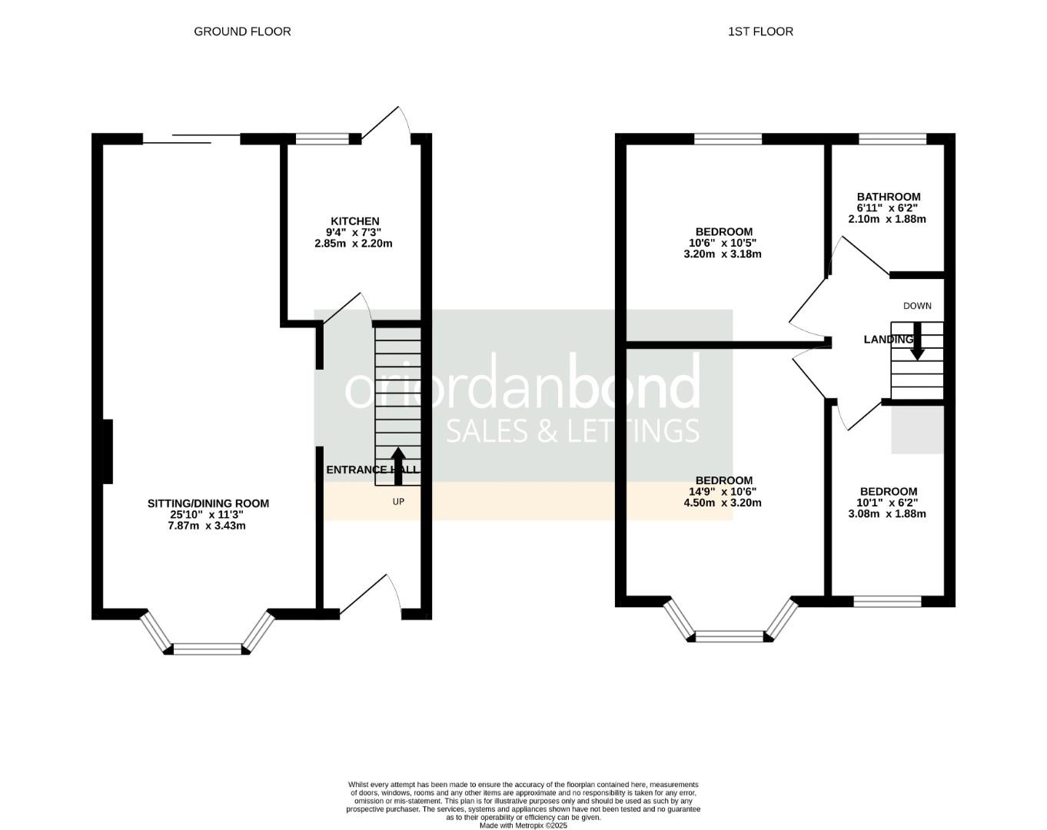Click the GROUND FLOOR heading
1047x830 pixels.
242,32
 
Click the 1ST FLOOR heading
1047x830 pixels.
760,32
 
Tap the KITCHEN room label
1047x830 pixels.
354,221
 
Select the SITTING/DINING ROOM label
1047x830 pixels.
208,503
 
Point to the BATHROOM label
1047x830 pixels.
889,197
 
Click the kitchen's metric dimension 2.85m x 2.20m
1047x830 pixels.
354,244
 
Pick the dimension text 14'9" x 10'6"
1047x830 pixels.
722,492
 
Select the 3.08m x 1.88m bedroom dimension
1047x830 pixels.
887,513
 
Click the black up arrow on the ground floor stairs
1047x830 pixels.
398,466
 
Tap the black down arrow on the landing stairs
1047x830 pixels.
917,342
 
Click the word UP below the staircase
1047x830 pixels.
398,502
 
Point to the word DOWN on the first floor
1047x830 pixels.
917,306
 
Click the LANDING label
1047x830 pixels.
888,340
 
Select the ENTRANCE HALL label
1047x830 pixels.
372,470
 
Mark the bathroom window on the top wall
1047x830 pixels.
892,139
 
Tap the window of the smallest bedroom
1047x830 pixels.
887,601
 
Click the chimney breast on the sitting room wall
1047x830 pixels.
108,451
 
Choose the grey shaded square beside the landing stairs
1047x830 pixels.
917,429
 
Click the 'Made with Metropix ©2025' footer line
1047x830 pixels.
523,825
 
